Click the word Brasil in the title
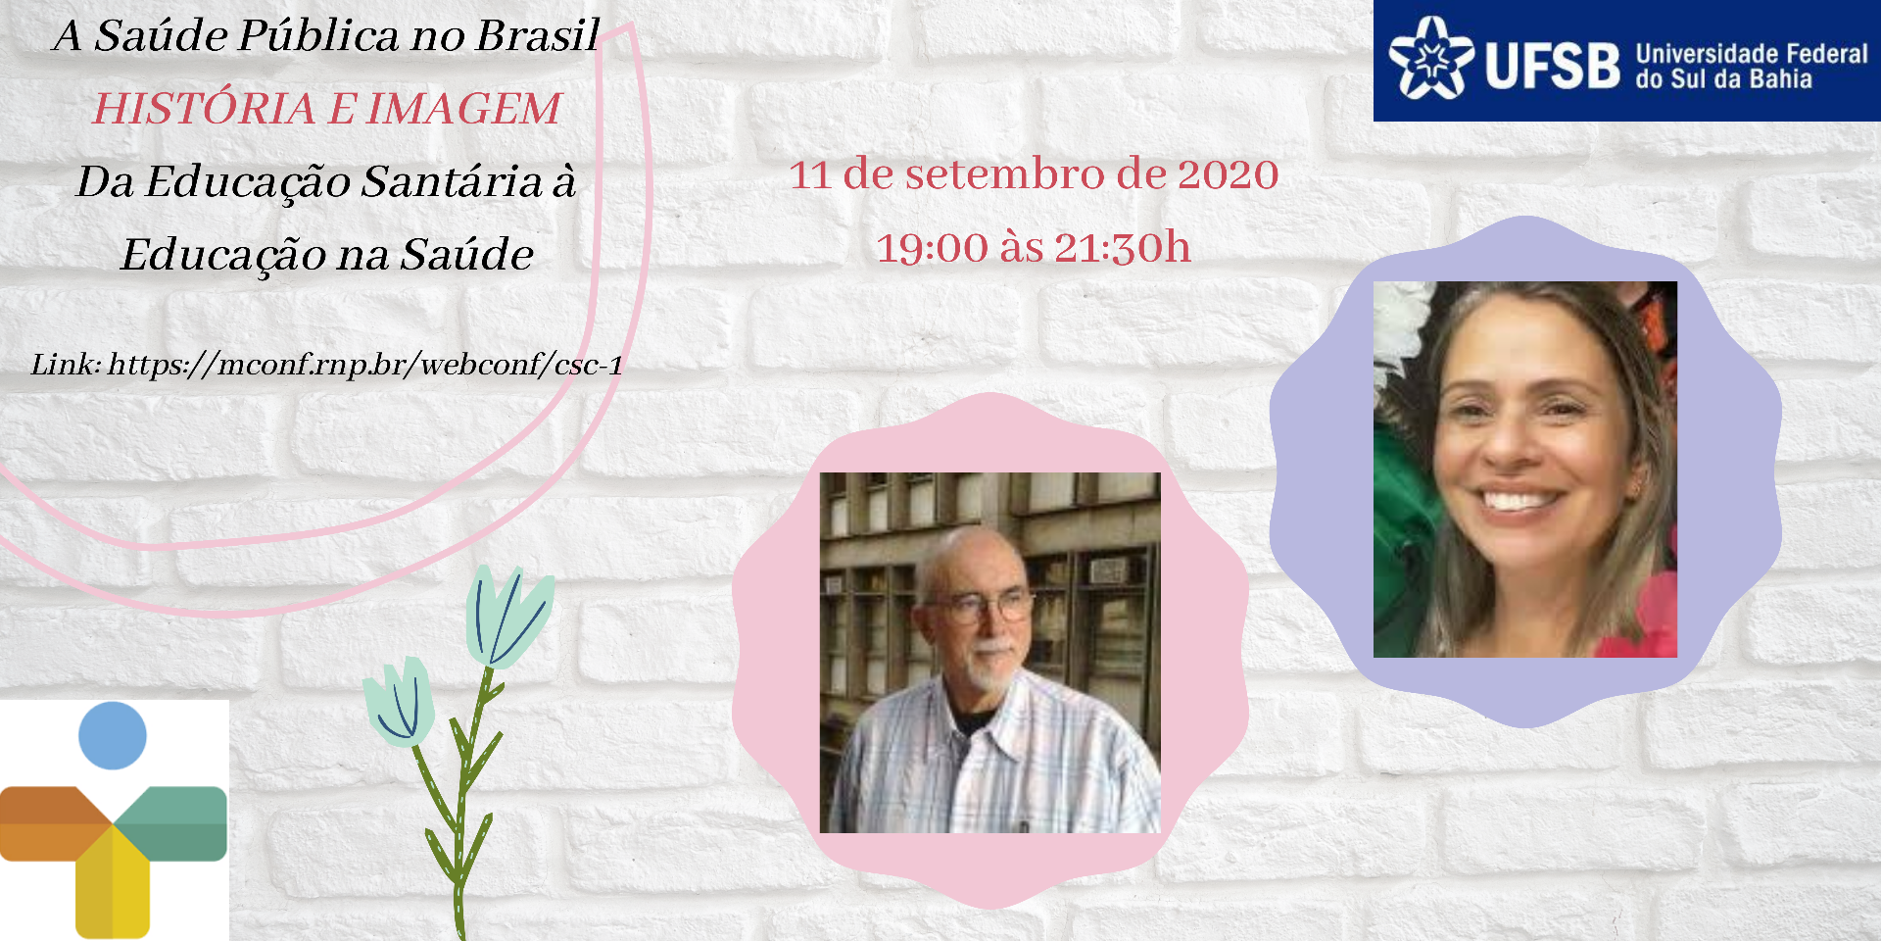tap(537, 35)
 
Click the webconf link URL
tap(365, 365)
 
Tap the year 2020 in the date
tap(1228, 174)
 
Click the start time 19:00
tap(932, 248)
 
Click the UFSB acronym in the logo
tap(1553, 66)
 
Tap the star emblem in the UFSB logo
tap(1431, 59)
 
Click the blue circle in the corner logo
tap(113, 735)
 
